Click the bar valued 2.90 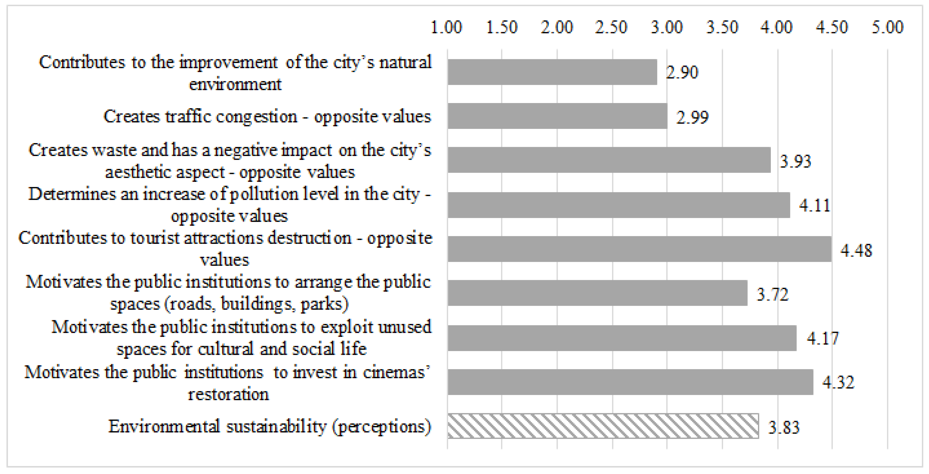pyautogui.click(x=552, y=72)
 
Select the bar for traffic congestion pyautogui.click(x=557, y=116)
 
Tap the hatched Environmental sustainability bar pyautogui.click(x=603, y=426)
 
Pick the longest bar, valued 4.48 pyautogui.click(x=639, y=249)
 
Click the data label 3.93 pyautogui.click(x=795, y=161)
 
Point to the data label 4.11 pyautogui.click(x=814, y=206)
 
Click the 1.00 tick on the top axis pyautogui.click(x=446, y=27)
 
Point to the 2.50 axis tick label pyautogui.click(x=611, y=27)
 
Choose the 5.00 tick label pyautogui.click(x=887, y=27)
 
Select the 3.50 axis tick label pyautogui.click(x=722, y=27)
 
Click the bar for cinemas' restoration pyautogui.click(x=630, y=382)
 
